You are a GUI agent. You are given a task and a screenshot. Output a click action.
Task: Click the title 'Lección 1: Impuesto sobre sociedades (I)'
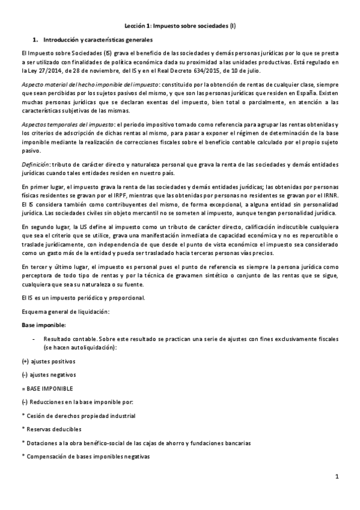[180, 26]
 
